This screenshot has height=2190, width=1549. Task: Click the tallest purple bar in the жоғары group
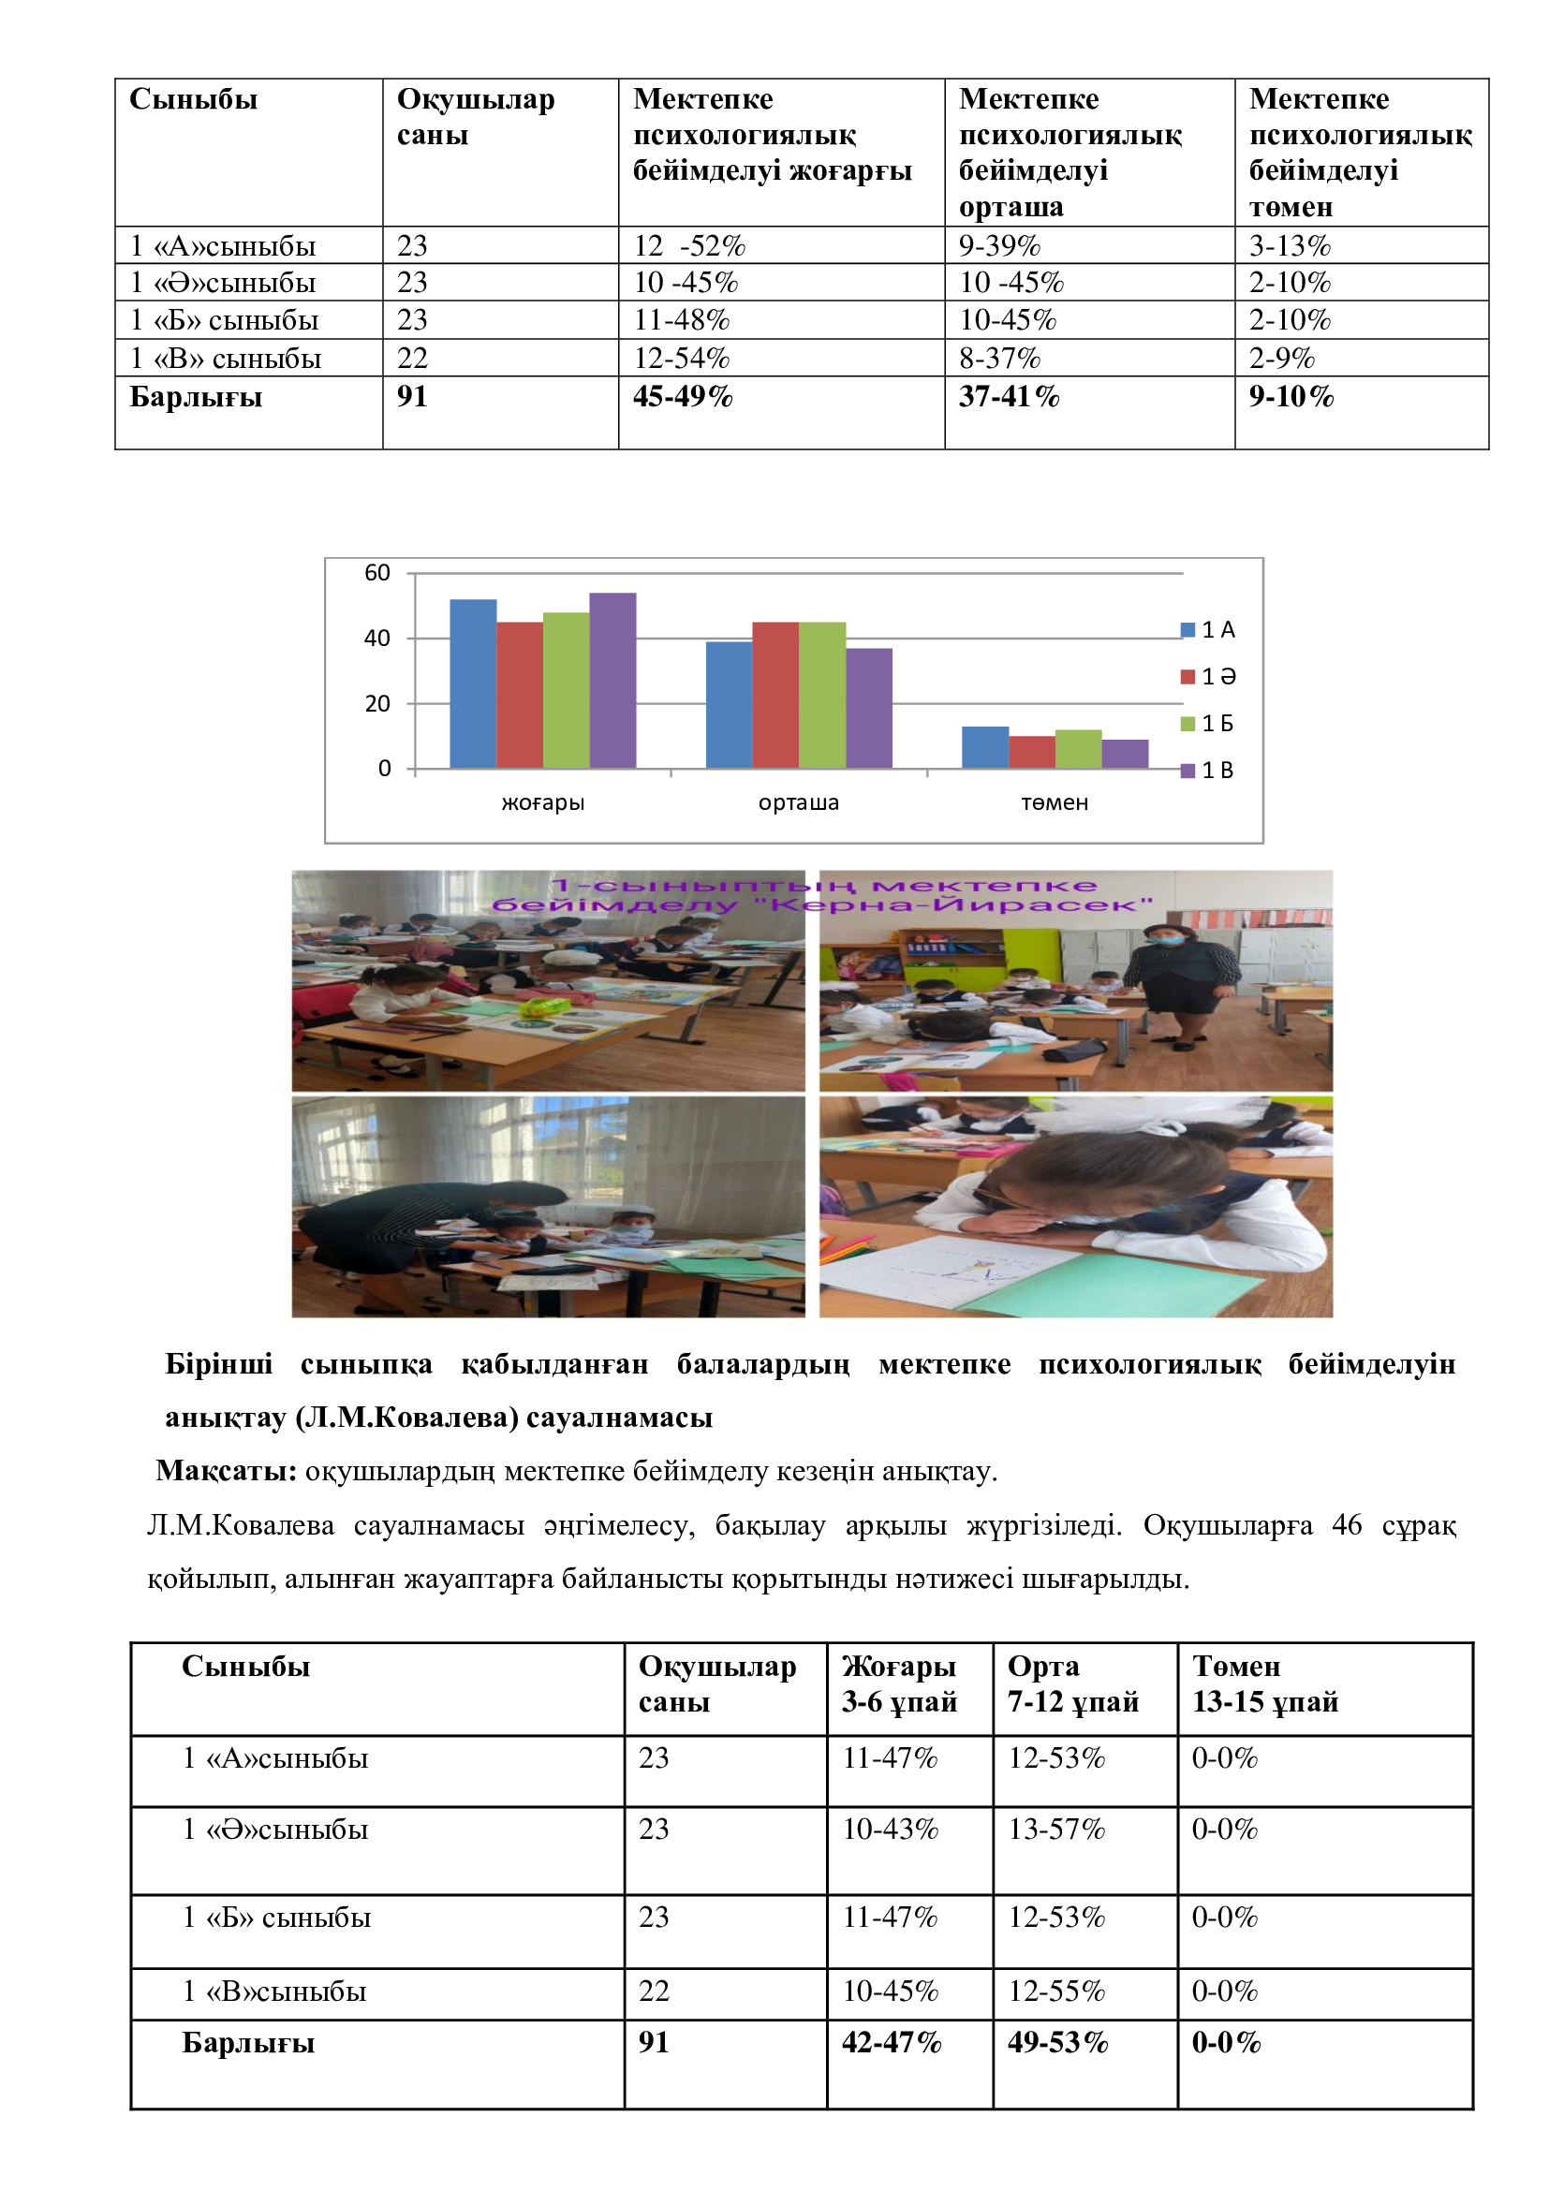(x=612, y=680)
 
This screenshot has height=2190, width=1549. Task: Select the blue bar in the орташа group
(x=729, y=705)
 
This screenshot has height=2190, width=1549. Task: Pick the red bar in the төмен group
(x=1031, y=752)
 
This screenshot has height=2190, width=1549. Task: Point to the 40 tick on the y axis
(x=377, y=639)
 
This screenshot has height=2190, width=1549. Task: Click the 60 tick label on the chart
(x=377, y=572)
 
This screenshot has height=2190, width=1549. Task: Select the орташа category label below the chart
(x=798, y=803)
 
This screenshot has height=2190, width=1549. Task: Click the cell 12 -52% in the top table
(x=689, y=246)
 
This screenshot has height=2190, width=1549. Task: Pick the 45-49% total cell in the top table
(x=683, y=397)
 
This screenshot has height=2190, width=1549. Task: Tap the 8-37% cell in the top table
(x=998, y=359)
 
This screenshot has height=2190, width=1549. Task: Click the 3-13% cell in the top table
(x=1290, y=246)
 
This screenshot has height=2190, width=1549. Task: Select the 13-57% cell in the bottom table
(x=1056, y=1829)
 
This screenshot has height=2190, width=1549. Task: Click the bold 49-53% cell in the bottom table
(x=1057, y=2042)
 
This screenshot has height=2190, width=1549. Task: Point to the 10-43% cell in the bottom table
(x=890, y=1829)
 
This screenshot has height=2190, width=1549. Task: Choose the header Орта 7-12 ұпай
(x=1072, y=1683)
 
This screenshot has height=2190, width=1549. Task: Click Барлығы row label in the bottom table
(x=248, y=2043)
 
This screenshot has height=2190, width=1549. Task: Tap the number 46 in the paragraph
(x=1346, y=1525)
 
